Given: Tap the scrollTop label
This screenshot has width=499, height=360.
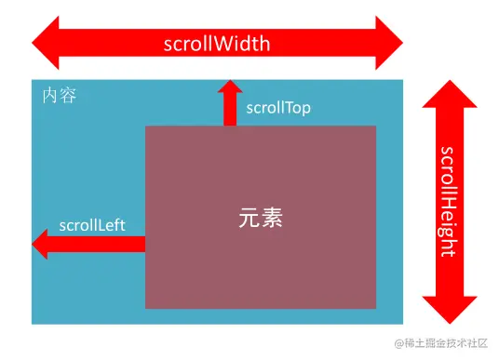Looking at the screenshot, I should (x=278, y=108).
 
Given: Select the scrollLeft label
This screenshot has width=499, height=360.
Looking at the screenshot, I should (x=92, y=225).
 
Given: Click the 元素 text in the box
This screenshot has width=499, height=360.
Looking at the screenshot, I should (x=260, y=219).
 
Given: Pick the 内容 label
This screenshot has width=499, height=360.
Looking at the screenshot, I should (x=59, y=97).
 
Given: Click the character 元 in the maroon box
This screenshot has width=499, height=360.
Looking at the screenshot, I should (x=249, y=219).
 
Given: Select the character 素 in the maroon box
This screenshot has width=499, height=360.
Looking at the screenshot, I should (x=271, y=219).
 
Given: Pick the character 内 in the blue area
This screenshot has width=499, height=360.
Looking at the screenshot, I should (x=50, y=97).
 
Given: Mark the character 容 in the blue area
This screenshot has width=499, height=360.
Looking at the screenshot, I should (x=67, y=97).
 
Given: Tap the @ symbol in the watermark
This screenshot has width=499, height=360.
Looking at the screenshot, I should (x=398, y=345).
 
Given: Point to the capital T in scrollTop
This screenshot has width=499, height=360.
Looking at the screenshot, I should (x=287, y=108).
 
